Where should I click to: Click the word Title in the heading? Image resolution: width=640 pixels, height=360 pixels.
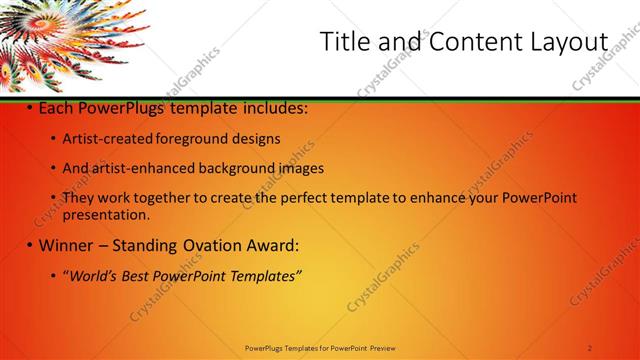[x=344, y=42]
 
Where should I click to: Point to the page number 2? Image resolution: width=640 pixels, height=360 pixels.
[x=590, y=348]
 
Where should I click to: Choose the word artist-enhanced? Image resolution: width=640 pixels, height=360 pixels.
[x=137, y=168]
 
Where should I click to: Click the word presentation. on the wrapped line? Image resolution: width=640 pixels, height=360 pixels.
[x=106, y=214]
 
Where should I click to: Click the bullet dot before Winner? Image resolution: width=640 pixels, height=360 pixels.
[x=30, y=245]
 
